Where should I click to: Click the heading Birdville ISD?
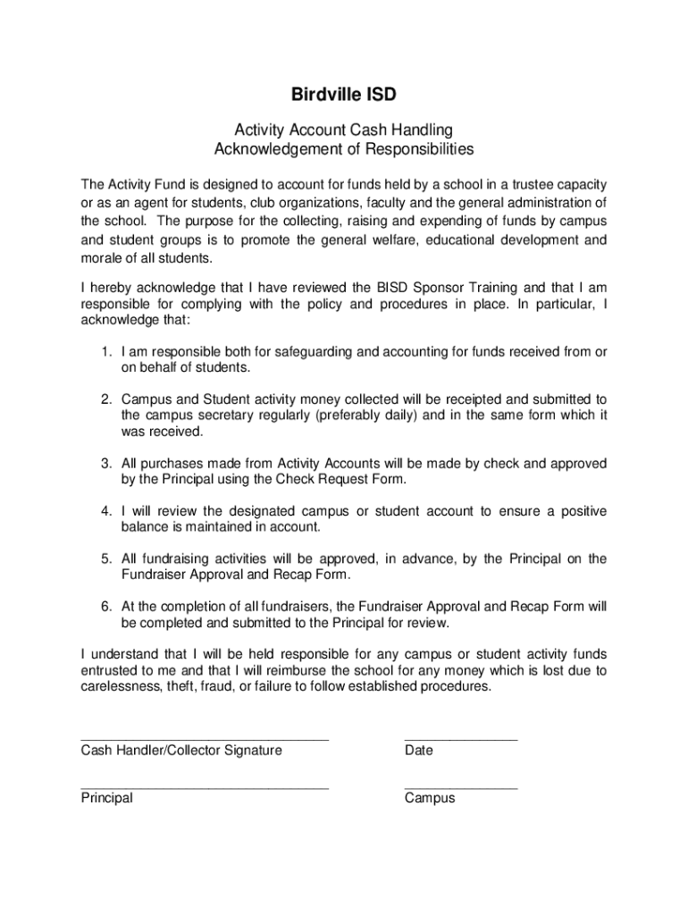344,95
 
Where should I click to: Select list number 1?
105,352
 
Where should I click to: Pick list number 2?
105,399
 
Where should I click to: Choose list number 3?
105,464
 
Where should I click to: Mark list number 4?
105,511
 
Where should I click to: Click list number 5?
105,558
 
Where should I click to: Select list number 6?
105,606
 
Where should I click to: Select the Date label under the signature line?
418,751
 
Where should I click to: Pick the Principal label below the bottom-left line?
106,798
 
